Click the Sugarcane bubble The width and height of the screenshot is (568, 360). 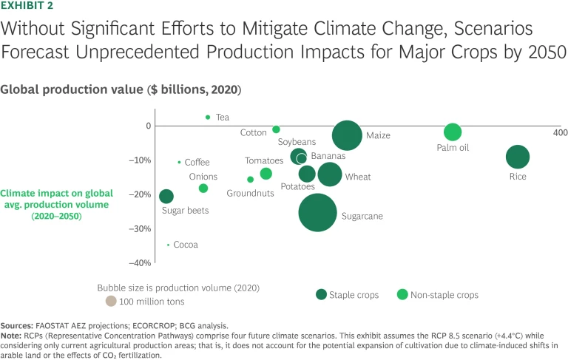click(318, 212)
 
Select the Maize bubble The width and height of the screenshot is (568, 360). click(347, 135)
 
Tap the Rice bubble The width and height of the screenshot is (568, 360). click(518, 157)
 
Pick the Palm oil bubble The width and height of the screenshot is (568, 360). click(453, 132)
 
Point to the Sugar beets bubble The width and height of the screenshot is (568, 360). click(166, 196)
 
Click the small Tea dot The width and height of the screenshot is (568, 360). click(208, 117)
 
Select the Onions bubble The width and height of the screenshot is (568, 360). click(203, 189)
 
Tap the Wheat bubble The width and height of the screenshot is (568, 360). click(330, 174)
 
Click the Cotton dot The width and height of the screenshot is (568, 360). click(276, 129)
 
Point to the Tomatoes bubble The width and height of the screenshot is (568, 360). click(266, 174)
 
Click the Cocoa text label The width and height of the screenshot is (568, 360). click(186, 245)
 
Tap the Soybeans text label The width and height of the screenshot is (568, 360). click(297, 142)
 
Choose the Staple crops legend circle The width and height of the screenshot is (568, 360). click(322, 294)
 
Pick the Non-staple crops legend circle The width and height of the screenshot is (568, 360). click(402, 294)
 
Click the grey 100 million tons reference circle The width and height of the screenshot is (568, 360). click(111, 301)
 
